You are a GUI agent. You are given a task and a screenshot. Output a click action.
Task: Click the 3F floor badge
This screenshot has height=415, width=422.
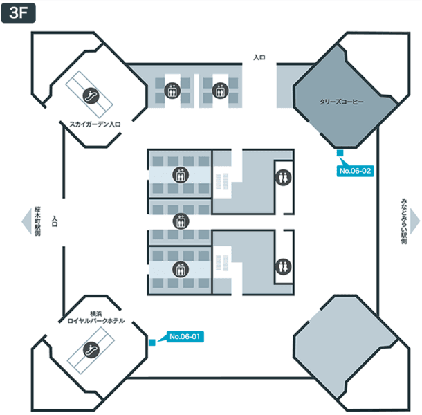click(18, 12)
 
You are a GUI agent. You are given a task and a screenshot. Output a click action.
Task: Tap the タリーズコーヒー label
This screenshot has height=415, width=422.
click(342, 102)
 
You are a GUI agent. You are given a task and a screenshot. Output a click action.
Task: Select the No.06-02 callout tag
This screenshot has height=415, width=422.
click(356, 171)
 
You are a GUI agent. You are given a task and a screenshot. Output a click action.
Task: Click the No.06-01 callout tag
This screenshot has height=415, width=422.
click(185, 336)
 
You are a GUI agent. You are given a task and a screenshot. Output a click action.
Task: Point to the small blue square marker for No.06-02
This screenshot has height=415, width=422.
click(340, 153)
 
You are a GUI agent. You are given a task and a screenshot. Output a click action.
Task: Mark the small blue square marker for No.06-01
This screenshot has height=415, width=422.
click(152, 342)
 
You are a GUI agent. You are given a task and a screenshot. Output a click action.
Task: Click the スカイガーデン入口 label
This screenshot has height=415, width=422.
click(95, 124)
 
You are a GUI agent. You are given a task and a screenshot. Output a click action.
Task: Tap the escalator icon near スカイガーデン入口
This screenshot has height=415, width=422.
click(91, 95)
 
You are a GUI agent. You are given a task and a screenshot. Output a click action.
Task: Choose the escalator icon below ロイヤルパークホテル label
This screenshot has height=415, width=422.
click(91, 349)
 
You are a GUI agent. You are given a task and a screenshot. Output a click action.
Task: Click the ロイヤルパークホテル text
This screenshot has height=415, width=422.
click(95, 321)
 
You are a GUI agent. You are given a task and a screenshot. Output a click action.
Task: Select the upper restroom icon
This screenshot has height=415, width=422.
click(283, 178)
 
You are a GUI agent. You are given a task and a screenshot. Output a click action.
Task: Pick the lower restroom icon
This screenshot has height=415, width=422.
click(283, 266)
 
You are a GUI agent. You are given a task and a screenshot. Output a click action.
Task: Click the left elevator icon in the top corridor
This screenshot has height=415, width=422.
click(172, 91)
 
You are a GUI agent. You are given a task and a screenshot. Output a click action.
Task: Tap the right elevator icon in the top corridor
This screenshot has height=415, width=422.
click(220, 91)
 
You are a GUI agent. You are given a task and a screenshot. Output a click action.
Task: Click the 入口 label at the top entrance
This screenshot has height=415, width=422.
click(259, 57)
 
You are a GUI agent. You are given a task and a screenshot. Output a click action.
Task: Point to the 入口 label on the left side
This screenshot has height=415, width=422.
click(55, 221)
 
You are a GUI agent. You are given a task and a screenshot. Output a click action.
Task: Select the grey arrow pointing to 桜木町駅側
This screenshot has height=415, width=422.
click(26, 221)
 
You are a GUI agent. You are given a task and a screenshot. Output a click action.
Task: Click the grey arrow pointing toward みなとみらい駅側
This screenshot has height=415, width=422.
click(415, 221)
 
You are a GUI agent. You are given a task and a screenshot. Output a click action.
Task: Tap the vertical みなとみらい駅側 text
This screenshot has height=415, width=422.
click(404, 221)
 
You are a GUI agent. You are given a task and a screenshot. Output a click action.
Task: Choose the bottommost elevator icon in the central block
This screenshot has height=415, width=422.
click(181, 269)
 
